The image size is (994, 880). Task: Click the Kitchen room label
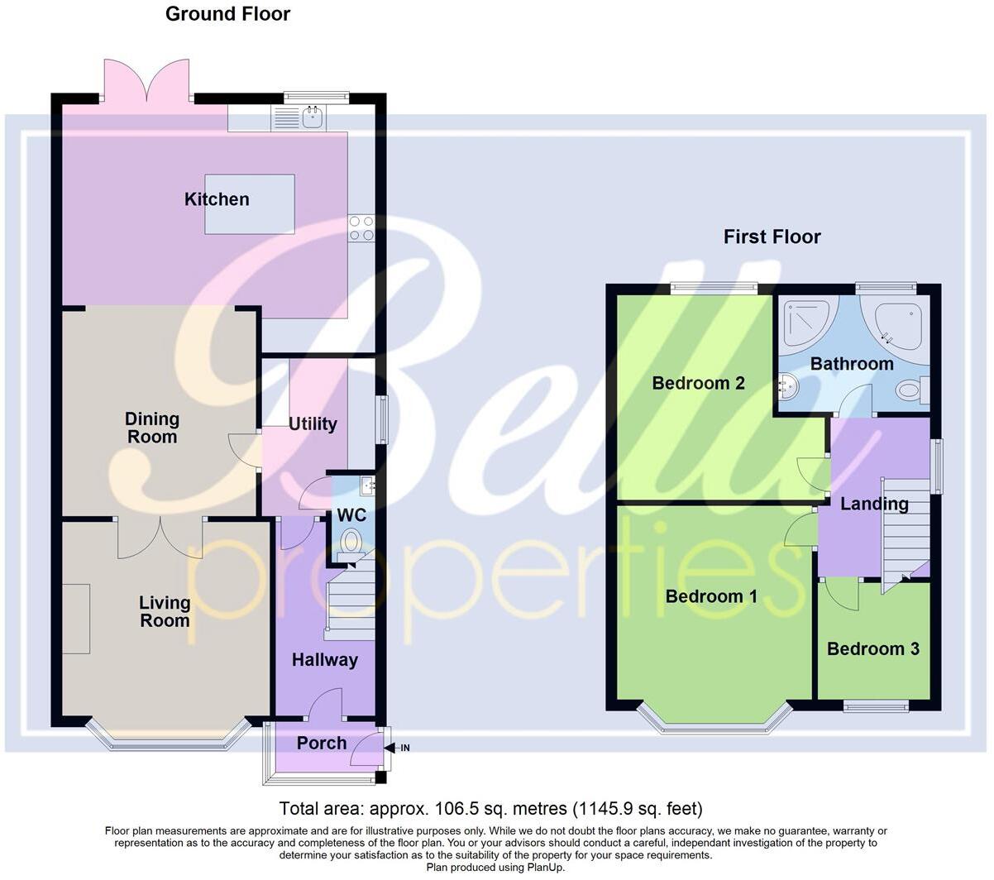click(217, 199)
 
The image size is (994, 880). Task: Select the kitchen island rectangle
click(250, 203)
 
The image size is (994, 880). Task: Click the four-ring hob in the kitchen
click(361, 228)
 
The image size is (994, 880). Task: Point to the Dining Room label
click(152, 428)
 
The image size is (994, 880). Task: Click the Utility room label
click(313, 424)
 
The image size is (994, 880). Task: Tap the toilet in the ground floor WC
click(351, 543)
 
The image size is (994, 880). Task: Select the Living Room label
click(165, 612)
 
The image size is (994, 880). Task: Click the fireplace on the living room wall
click(76, 619)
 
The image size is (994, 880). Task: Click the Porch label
click(322, 743)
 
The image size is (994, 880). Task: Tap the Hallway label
click(324, 660)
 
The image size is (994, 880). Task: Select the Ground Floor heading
click(227, 14)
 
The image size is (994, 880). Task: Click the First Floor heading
click(772, 237)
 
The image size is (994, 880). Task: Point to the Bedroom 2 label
click(698, 383)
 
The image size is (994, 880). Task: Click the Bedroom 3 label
click(872, 649)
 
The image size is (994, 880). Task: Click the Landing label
click(874, 504)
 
